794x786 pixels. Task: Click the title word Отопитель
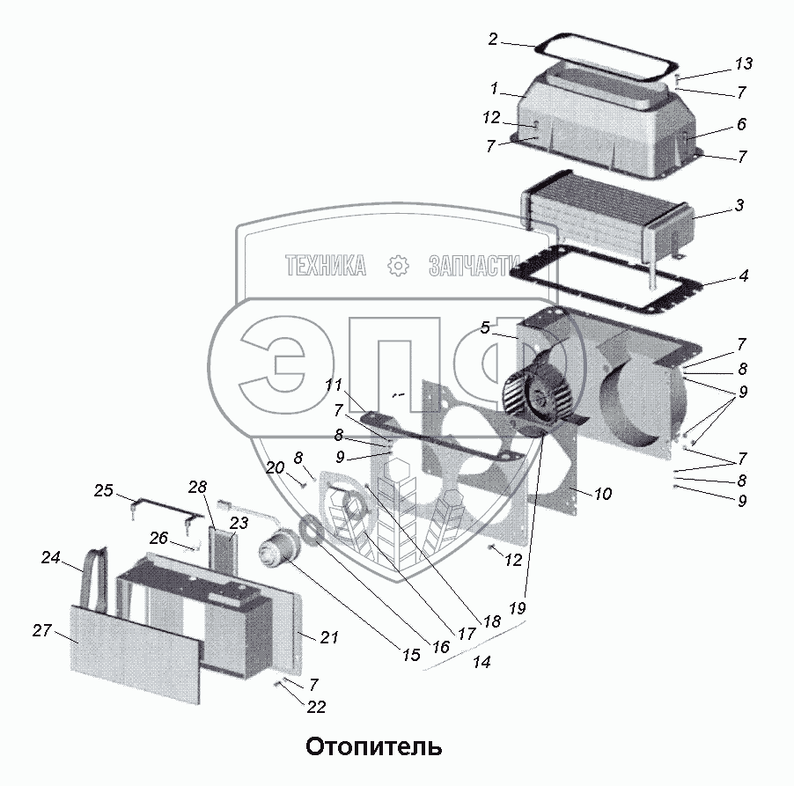pos(373,747)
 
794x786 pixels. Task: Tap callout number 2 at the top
pos(493,40)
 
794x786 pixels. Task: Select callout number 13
pos(744,63)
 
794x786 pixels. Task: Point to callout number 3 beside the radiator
pos(739,206)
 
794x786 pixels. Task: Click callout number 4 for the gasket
pos(743,276)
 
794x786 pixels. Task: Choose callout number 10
pos(602,494)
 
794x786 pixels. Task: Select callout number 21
pos(328,637)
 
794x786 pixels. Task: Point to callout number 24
pos(50,556)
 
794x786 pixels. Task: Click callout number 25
pos(104,490)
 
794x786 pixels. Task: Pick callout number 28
pos(196,487)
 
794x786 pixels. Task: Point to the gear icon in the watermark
pos(398,265)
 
